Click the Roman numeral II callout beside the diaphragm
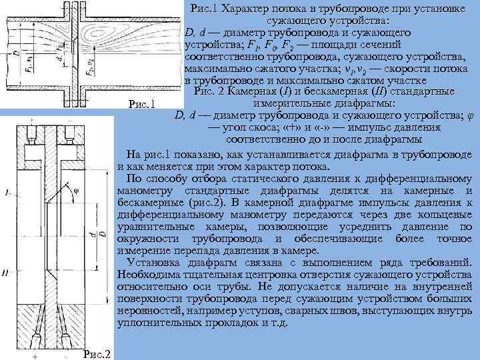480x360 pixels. click(5, 272)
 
